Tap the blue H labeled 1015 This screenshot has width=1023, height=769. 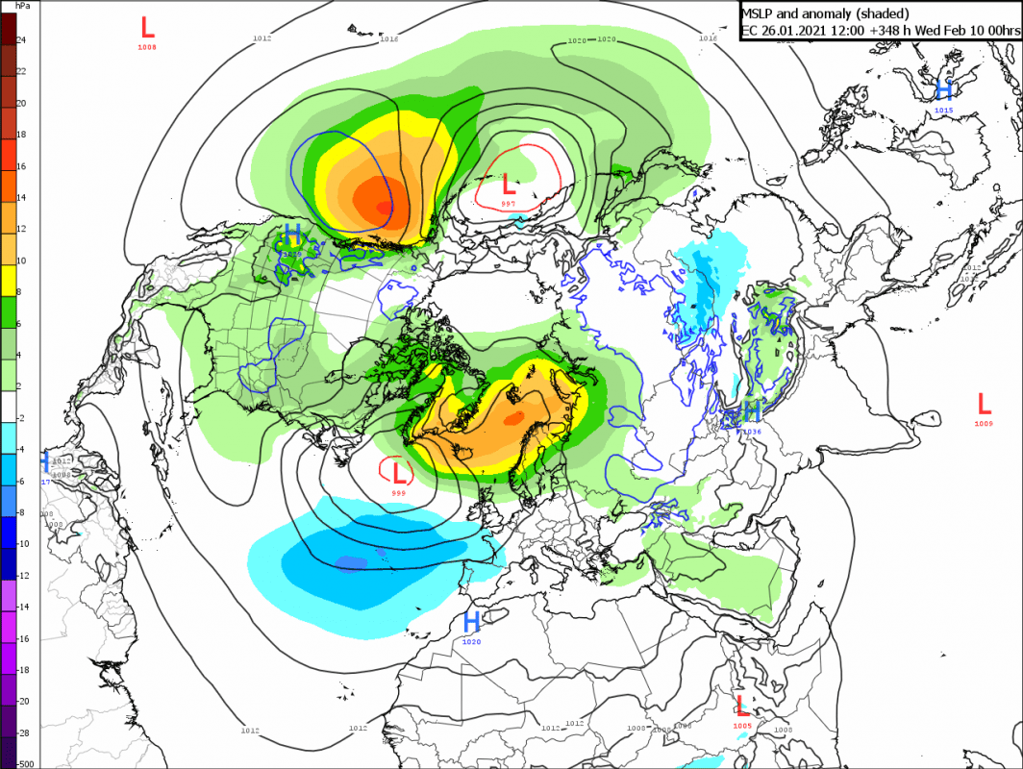(944, 89)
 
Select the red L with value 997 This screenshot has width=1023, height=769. (509, 182)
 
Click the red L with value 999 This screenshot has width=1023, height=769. (397, 471)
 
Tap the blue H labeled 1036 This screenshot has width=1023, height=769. (752, 411)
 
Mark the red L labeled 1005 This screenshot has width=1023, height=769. (740, 705)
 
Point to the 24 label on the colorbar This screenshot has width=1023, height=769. (21, 39)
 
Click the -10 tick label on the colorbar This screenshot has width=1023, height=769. (24, 543)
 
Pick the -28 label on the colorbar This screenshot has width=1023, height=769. (24, 732)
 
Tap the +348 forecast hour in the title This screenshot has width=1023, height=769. (885, 31)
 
